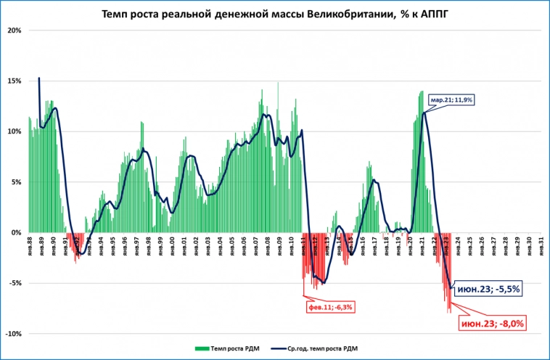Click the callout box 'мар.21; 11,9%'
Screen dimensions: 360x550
coord(451,99)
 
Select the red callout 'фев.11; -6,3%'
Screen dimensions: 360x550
coord(329,307)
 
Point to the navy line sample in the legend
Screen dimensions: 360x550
coord(274,348)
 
